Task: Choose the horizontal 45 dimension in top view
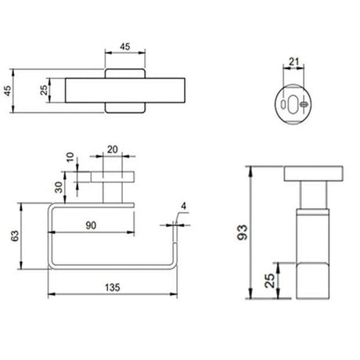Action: click(124, 45)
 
